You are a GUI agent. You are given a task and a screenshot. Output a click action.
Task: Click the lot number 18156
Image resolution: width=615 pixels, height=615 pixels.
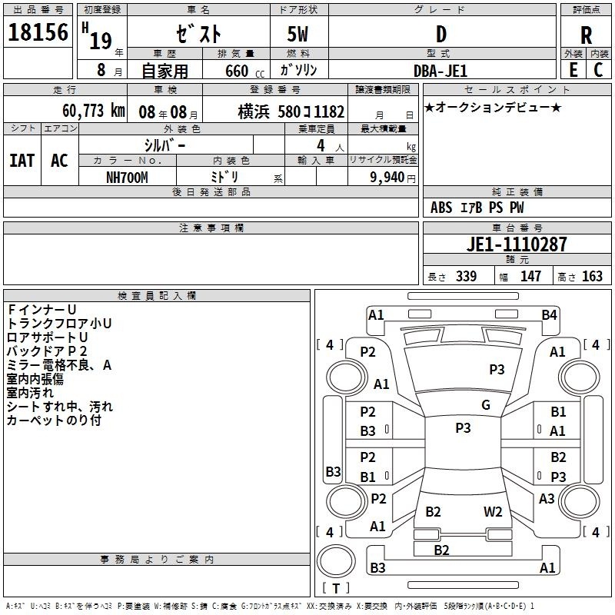[38, 32]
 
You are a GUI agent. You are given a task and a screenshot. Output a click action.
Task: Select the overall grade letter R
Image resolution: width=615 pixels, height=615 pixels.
[586, 35]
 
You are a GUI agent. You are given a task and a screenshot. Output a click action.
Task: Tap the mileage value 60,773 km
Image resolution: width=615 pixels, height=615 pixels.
[93, 111]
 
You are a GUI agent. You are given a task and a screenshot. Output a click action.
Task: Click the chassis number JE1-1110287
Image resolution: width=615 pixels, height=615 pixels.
[517, 244]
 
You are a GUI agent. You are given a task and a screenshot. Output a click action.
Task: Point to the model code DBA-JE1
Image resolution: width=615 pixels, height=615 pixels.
[440, 71]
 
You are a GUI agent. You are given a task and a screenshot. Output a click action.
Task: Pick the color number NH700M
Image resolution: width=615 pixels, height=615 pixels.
[127, 178]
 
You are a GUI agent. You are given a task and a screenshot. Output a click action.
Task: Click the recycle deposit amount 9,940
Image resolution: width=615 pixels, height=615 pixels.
[387, 178]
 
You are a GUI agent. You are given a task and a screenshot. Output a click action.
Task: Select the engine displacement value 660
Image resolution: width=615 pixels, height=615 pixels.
[237, 71]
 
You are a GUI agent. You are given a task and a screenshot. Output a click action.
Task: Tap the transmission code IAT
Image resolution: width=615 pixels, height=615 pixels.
[22, 161]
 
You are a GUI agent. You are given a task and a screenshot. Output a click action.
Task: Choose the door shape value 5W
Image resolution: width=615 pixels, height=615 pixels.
[298, 35]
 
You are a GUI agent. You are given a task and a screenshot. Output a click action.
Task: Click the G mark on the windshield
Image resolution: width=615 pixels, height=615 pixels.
[486, 405]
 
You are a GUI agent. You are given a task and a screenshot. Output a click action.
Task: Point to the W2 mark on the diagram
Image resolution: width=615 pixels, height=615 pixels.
[493, 512]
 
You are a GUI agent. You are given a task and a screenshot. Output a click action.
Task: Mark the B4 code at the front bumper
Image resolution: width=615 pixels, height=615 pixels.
[549, 315]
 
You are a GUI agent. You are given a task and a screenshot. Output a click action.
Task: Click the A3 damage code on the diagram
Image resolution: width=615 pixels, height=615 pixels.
[547, 498]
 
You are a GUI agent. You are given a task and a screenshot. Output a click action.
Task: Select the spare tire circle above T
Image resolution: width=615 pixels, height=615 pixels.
[336, 561]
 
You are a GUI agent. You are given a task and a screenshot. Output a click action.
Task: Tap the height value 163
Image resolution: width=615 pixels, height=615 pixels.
[592, 276]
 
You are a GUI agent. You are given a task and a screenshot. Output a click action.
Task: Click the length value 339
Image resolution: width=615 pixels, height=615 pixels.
[466, 276]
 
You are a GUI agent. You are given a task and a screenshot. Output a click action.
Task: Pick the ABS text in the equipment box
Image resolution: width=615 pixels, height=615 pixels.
[441, 208]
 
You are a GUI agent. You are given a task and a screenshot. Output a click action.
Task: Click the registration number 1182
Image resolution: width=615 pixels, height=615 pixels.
[329, 111]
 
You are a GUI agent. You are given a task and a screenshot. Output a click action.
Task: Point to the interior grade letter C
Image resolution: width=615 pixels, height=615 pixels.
[598, 70]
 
